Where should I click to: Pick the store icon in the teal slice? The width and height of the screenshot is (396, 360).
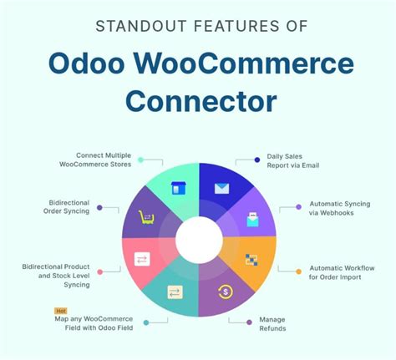pos(175,188)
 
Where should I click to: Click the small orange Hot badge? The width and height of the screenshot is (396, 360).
pos(59,311)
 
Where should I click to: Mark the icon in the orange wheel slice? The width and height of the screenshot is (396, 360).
pos(252,260)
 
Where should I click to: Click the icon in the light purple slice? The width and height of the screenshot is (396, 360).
pos(252,221)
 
